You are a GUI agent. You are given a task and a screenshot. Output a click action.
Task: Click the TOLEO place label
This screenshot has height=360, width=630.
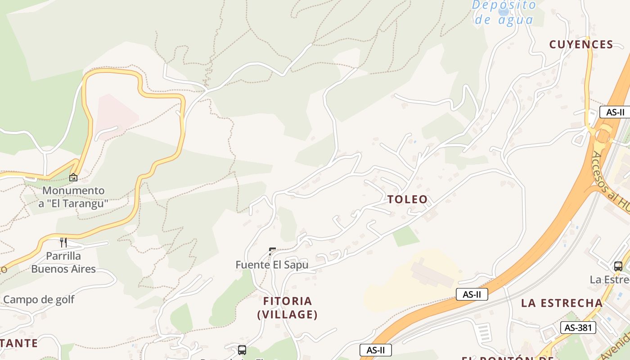point(407,199)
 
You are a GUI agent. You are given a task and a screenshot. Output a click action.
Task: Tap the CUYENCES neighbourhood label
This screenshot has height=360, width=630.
point(581,44)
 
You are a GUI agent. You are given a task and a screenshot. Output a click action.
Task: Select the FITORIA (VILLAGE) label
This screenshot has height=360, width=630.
point(288,308)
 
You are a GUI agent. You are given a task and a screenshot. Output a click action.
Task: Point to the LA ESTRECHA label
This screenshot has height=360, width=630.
point(562,303)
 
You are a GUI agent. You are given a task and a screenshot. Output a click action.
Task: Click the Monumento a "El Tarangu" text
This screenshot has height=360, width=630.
point(73,197)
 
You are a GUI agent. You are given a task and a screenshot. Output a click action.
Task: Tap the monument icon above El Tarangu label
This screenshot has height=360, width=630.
point(73,177)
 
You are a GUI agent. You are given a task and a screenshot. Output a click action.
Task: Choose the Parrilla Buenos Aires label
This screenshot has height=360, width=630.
point(63,262)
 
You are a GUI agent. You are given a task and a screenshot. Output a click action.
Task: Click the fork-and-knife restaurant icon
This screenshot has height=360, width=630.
point(63,243)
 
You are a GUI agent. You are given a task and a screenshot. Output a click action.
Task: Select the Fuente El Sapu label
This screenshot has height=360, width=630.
point(272,265)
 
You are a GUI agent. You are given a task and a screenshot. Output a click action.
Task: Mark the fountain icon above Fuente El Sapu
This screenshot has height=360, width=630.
point(272,251)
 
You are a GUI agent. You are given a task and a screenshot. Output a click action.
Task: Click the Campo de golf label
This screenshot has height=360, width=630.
point(39,300)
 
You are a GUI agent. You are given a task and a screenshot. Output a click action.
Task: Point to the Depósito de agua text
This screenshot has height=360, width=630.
point(504,13)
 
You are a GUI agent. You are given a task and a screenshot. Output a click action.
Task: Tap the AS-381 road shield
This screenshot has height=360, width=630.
point(578,328)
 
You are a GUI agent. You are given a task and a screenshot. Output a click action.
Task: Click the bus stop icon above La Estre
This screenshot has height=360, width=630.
point(618,266)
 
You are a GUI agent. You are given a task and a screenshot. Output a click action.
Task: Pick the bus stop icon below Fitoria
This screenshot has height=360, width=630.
point(242,350)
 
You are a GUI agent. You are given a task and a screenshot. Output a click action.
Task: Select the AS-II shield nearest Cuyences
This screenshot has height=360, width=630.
point(615,112)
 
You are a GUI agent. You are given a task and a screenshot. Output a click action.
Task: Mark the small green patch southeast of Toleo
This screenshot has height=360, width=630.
point(406,236)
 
